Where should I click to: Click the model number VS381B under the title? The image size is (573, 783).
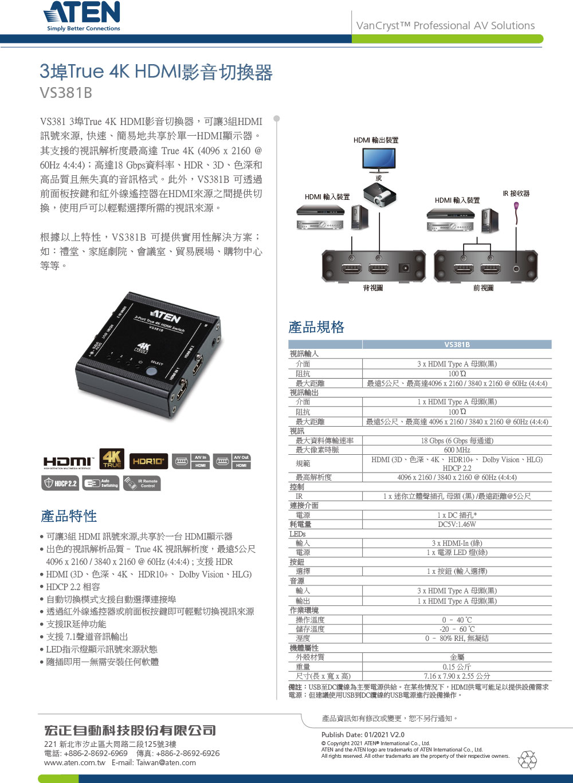tap(66, 93)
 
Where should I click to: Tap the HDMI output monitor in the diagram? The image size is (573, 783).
tap(379, 159)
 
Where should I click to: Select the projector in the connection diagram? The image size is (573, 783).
tap(379, 195)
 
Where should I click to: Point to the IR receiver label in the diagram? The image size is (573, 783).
tap(516, 194)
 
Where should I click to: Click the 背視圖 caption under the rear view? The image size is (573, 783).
tap(373, 288)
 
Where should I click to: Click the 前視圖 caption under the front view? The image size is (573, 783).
tap(484, 288)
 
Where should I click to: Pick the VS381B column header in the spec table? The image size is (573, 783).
tap(457, 344)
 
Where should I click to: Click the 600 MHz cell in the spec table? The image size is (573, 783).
tap(457, 450)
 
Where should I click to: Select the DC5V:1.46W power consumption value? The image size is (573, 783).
tap(457, 524)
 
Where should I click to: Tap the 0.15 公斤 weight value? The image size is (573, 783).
tap(457, 667)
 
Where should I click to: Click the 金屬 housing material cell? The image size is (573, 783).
tap(457, 658)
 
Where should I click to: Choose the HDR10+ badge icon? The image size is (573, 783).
tap(148, 461)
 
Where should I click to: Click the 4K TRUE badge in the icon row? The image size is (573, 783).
tap(112, 459)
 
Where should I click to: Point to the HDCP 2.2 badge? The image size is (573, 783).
tap(60, 483)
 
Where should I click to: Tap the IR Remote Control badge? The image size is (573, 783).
tap(142, 483)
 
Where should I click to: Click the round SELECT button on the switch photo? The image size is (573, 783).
tap(151, 371)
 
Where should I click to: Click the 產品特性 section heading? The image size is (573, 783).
tap(69, 516)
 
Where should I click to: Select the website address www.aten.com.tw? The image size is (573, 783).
tap(75, 762)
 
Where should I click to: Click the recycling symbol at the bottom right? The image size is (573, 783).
tap(527, 760)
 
